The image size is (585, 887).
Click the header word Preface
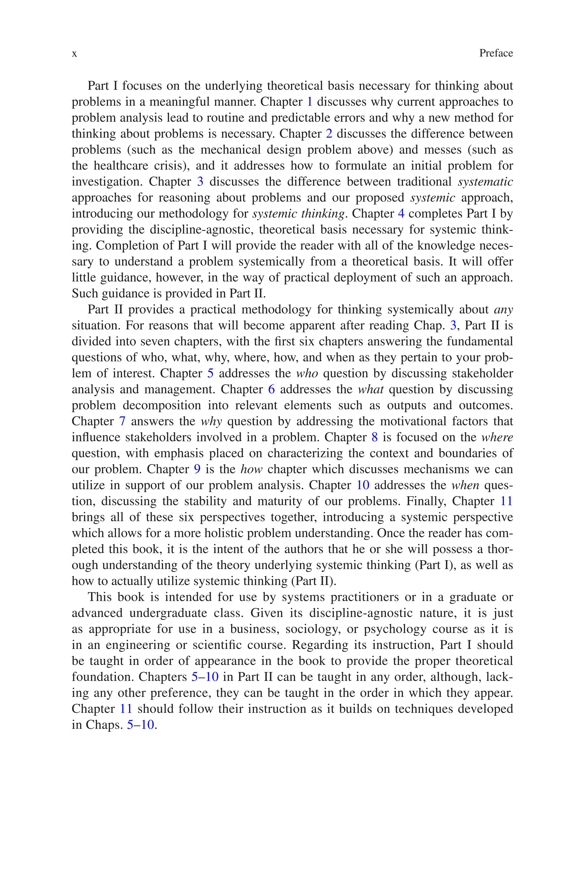point(496,53)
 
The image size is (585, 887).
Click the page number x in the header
point(75,54)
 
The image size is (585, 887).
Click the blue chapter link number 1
point(309,102)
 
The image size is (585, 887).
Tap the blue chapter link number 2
point(329,133)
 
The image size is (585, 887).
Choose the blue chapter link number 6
point(272,389)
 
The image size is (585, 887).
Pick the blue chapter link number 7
point(122,421)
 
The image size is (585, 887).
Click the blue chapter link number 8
point(374,437)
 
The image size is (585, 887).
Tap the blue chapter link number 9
point(197,469)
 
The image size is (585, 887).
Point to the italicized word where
point(497,437)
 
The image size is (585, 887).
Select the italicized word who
point(307,373)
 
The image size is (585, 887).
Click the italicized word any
point(503,310)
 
